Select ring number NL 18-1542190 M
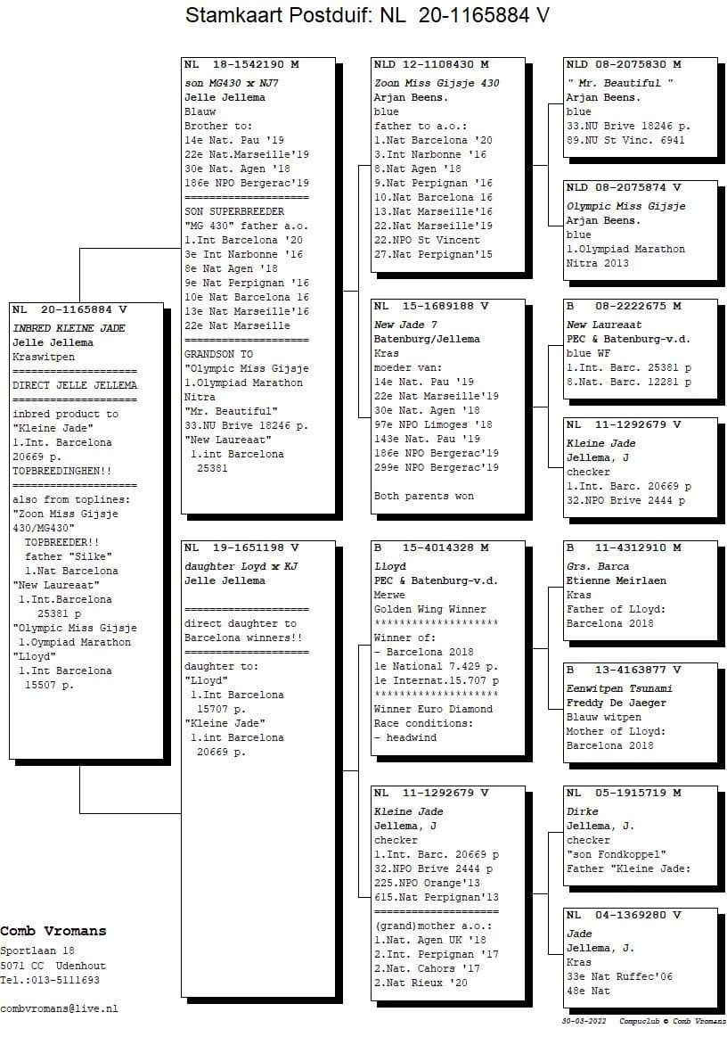coord(241,65)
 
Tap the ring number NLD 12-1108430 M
coord(431,65)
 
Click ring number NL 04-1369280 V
coord(624,916)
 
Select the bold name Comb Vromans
coord(53,931)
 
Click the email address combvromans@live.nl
coord(59,1008)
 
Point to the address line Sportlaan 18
coord(37,951)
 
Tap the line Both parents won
coord(424,496)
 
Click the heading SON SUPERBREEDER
coord(234,211)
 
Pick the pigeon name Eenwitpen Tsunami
coord(619,688)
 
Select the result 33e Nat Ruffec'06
coord(619,976)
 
